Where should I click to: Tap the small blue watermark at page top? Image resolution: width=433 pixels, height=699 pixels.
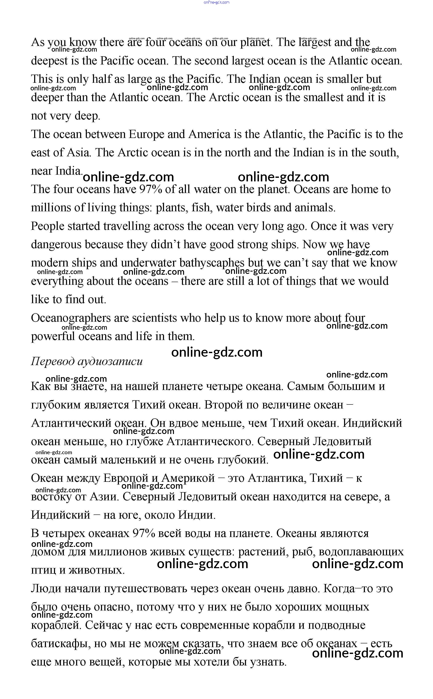pos(216,2)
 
